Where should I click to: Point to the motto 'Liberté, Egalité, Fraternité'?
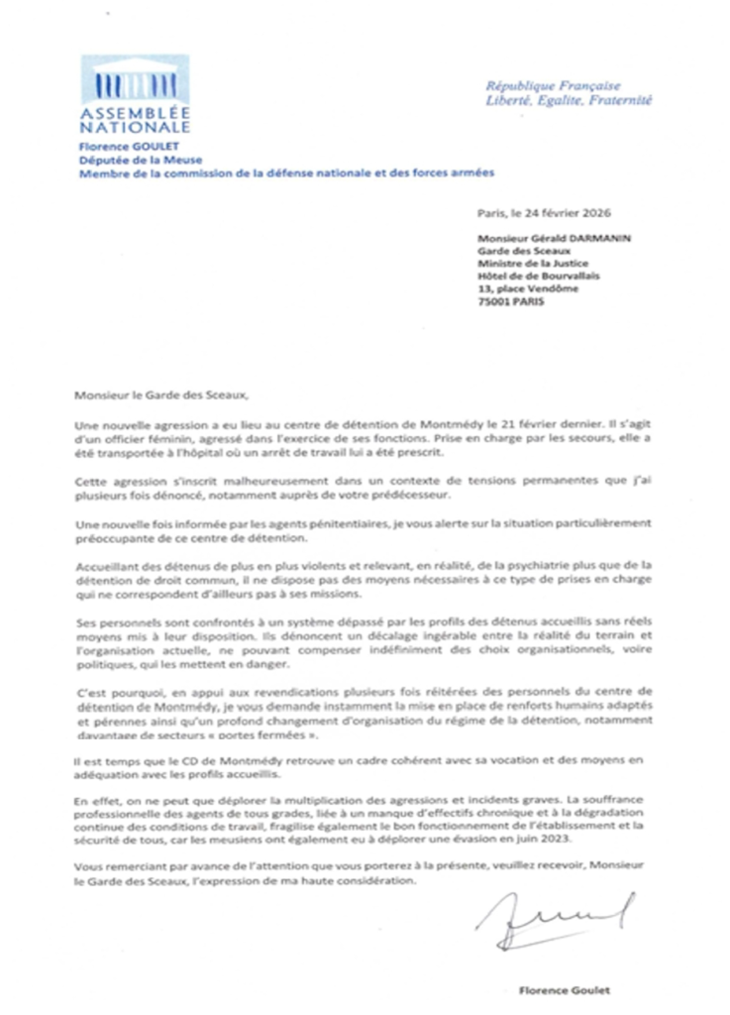[x=569, y=100]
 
